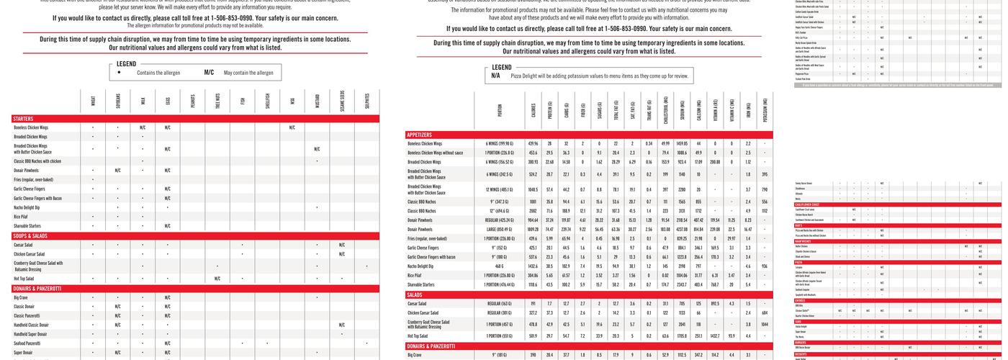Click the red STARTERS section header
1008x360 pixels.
tap(24, 118)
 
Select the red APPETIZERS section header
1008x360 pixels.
tap(420, 135)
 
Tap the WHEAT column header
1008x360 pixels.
tap(93, 100)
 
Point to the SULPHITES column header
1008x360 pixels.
tap(366, 100)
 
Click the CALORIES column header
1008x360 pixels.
tap(534, 111)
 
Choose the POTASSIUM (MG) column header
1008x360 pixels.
tap(765, 111)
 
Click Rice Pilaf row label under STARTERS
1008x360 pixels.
tap(21, 216)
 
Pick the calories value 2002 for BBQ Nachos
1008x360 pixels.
tap(534, 210)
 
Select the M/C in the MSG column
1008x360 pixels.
tap(292, 127)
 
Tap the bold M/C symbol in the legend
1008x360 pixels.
tap(209, 73)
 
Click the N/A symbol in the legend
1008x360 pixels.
tap(495, 76)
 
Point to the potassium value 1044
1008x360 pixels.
tap(764, 325)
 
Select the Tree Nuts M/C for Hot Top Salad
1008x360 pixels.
tap(217, 279)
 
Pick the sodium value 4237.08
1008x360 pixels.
tap(682, 229)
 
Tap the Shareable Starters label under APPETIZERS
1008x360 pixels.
tap(421, 284)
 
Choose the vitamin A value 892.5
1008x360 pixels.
tap(715, 304)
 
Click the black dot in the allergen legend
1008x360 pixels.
tap(120, 73)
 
